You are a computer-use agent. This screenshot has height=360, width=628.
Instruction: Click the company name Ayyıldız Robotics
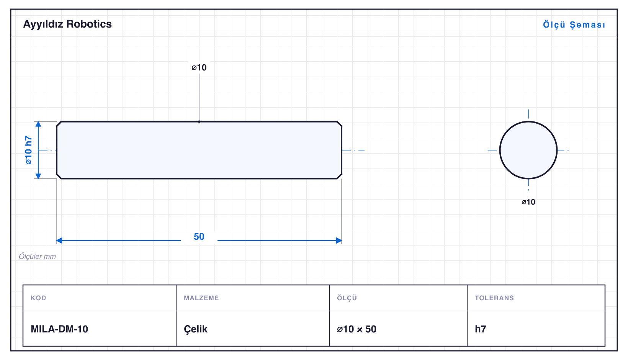[67, 24]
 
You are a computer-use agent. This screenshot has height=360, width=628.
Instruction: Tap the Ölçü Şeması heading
[574, 25]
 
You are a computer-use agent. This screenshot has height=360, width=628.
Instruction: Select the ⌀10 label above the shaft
[199, 67]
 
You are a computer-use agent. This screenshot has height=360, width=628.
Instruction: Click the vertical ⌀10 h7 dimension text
[28, 150]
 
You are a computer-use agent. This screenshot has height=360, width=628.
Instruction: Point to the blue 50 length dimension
[199, 237]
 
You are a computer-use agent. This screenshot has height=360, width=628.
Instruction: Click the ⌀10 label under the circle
[528, 202]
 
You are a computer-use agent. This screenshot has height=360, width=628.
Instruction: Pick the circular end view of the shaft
[528, 150]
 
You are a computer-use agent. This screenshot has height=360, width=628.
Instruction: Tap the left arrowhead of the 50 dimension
[59, 240]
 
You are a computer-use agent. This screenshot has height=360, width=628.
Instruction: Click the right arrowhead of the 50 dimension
[339, 240]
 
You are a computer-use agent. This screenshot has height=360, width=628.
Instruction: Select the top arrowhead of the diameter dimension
[38, 124]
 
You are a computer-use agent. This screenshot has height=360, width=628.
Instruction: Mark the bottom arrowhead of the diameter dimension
[38, 176]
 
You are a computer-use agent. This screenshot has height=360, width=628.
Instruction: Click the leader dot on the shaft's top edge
[199, 122]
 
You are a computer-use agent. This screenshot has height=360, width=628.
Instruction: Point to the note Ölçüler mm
[37, 257]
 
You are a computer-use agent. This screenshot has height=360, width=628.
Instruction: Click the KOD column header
[38, 298]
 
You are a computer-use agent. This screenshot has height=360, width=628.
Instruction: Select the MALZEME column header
[201, 298]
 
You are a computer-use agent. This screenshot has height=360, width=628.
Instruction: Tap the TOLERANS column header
[494, 298]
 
